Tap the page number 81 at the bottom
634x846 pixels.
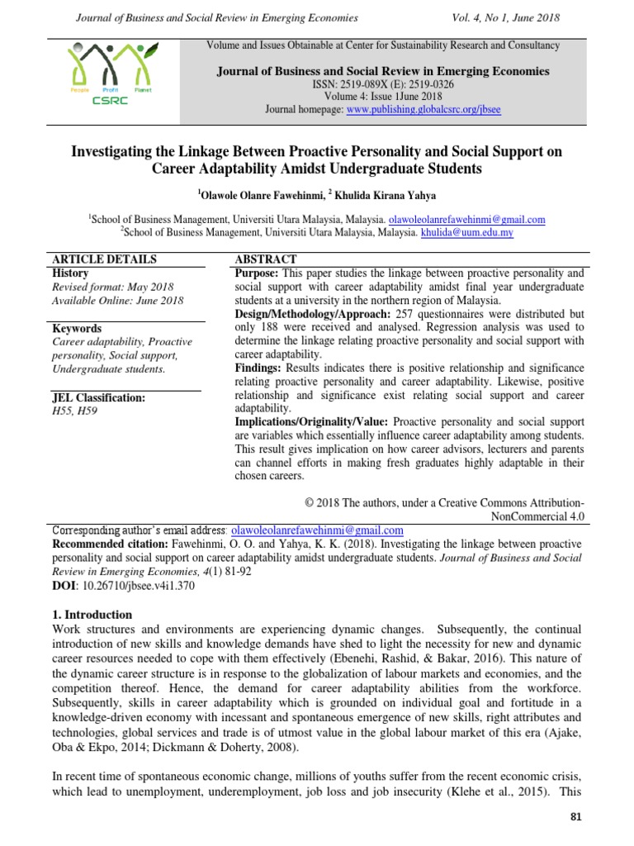tap(576, 817)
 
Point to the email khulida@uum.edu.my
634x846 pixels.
tap(466, 233)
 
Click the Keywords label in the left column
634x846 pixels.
tap(77, 328)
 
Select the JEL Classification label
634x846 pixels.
tap(98, 397)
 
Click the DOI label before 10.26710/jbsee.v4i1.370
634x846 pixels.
tap(64, 585)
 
